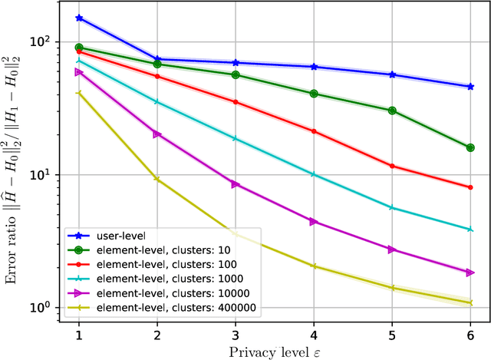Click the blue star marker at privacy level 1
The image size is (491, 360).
pos(79,18)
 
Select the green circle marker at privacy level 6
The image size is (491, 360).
pos(470,147)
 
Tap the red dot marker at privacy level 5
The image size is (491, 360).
pos(392,166)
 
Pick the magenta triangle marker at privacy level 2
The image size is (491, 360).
pos(157,134)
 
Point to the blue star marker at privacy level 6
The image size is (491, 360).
pos(470,87)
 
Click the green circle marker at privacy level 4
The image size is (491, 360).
pos(314,94)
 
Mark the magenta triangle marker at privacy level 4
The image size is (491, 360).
pos(314,221)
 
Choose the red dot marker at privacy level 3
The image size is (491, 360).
pos(236,102)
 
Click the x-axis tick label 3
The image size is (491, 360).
pos(236,335)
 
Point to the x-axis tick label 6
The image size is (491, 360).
pos(470,335)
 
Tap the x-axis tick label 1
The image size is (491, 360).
pos(79,335)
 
